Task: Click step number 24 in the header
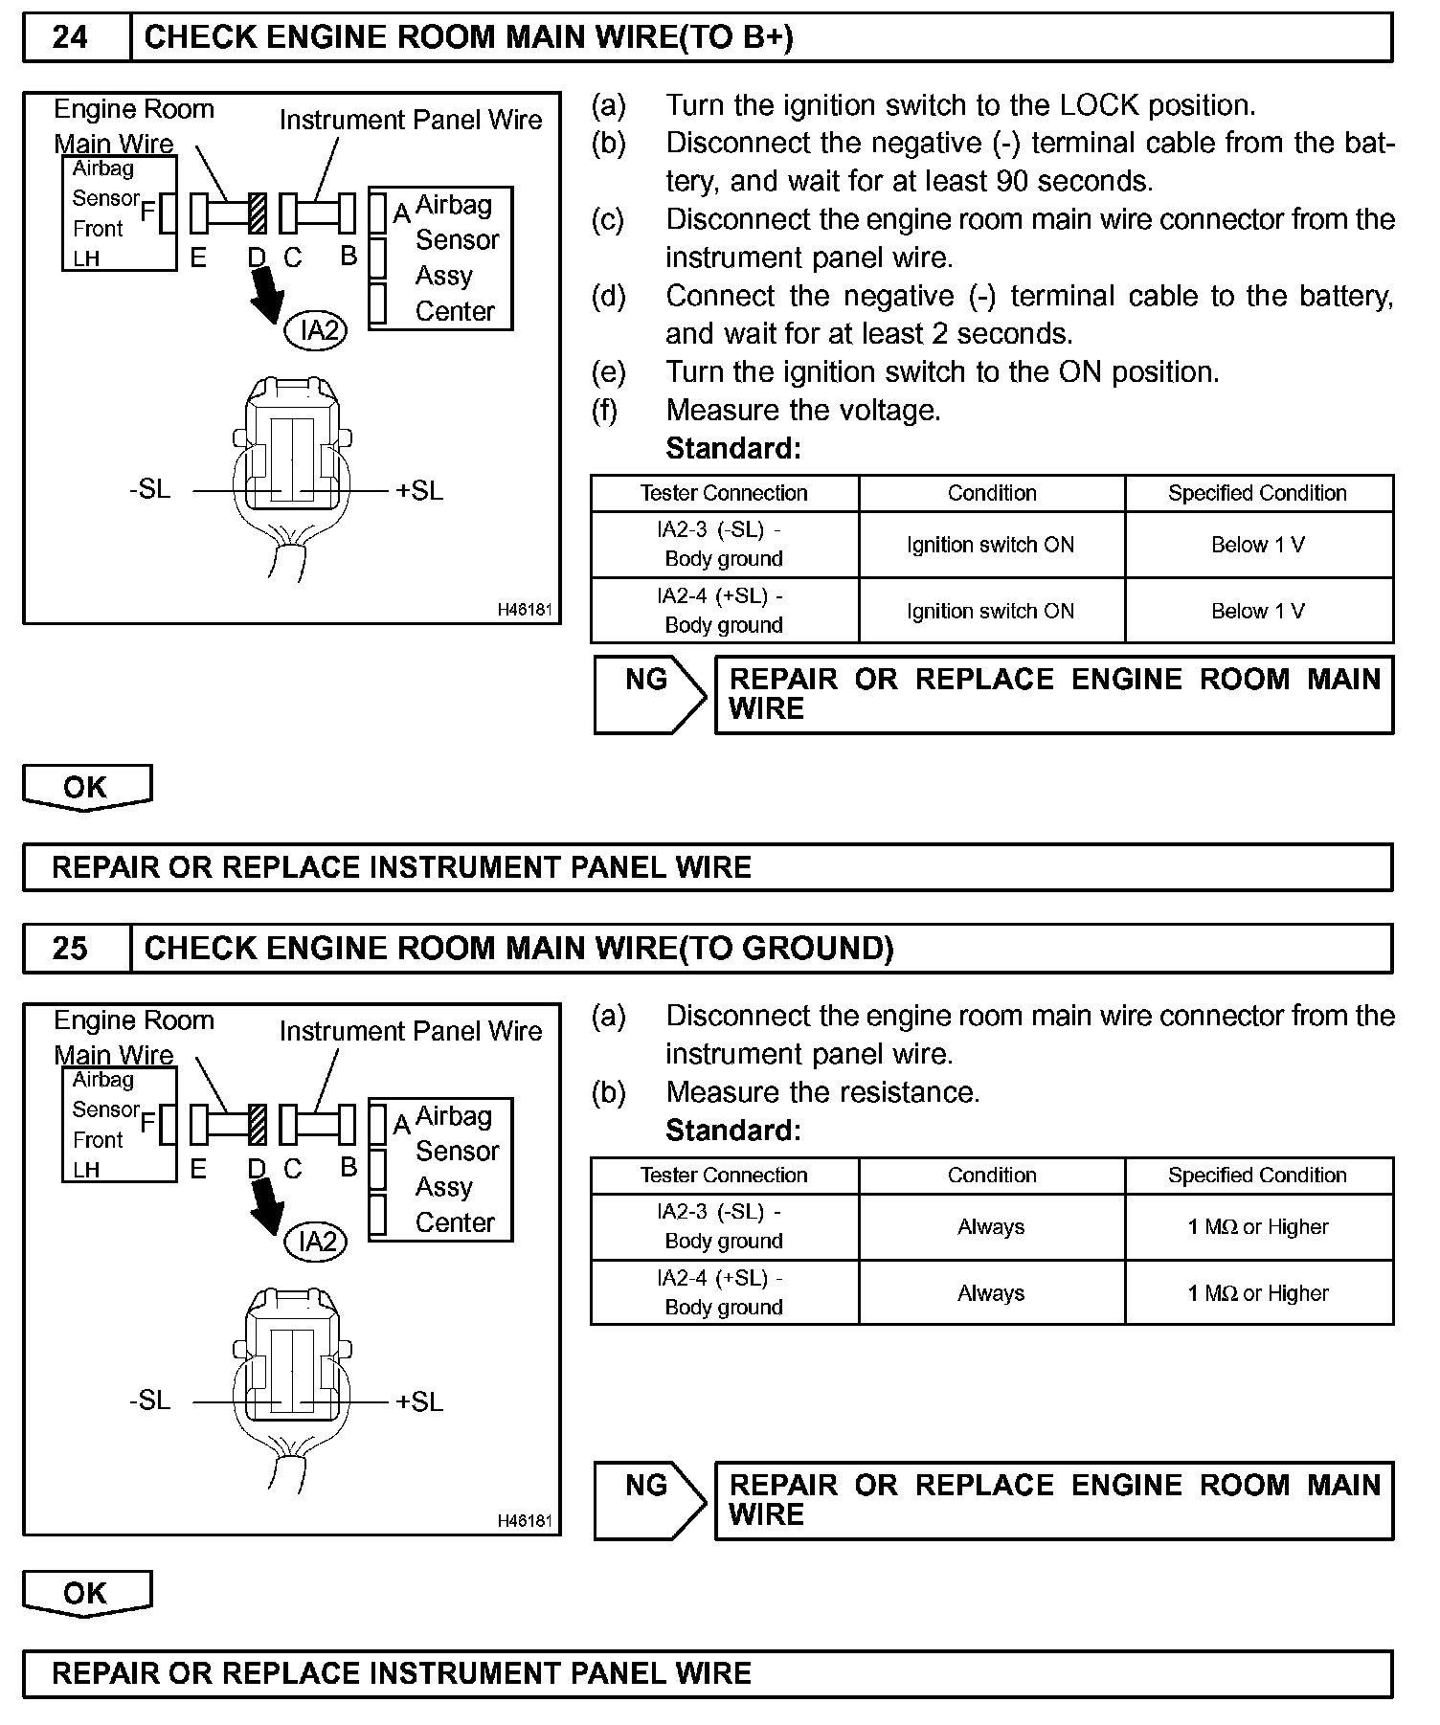[x=70, y=37]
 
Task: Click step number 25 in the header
[x=70, y=949]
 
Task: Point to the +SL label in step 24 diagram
[x=419, y=490]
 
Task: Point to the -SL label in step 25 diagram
[x=149, y=1400]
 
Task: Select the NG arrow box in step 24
[x=649, y=694]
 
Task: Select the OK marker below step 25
[x=86, y=1593]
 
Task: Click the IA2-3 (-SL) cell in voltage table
[x=724, y=544]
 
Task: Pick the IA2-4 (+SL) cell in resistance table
[x=724, y=1292]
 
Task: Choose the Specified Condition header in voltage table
[x=1257, y=493]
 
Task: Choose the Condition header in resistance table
[x=992, y=1175]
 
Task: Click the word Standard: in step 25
[x=732, y=1131]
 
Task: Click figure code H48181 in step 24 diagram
[x=525, y=610]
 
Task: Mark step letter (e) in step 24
[x=609, y=371]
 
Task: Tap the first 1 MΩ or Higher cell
[x=1257, y=1226]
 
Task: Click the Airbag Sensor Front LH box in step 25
[x=119, y=1124]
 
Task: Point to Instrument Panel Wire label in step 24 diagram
[x=411, y=120]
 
